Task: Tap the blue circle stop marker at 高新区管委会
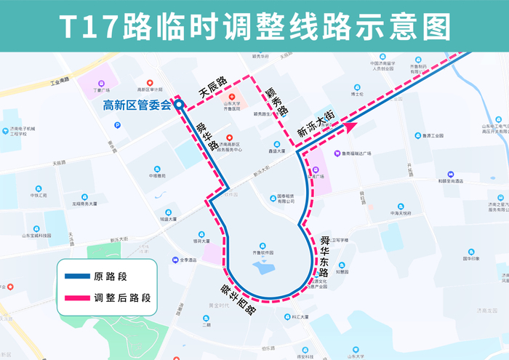[179, 105]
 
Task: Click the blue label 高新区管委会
[137, 105]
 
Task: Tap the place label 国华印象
[471, 259]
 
